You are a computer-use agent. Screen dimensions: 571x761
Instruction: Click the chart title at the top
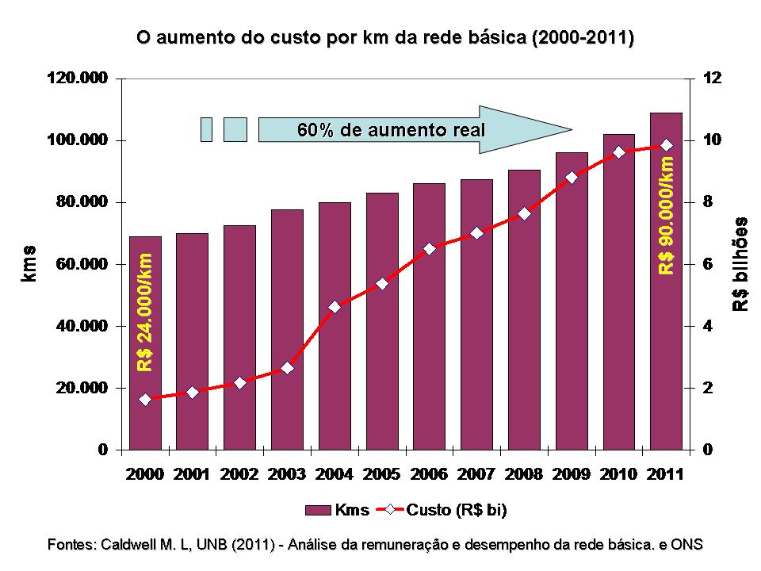coord(385,37)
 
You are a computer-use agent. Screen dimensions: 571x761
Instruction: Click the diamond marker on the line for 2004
coord(335,307)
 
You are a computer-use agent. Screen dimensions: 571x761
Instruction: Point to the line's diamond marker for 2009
coord(572,178)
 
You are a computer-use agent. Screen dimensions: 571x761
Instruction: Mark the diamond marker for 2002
coord(240,382)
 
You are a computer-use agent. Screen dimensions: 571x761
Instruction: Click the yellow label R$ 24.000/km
coord(145,312)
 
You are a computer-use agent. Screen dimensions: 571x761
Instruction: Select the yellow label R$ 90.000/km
coord(667,215)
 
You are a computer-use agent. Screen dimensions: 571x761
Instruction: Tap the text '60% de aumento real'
coord(391,129)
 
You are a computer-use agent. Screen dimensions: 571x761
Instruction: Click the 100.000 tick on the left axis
coord(78,140)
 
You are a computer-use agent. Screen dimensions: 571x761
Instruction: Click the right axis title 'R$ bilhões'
coord(740,263)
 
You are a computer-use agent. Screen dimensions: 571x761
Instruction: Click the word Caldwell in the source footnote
coord(128,545)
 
